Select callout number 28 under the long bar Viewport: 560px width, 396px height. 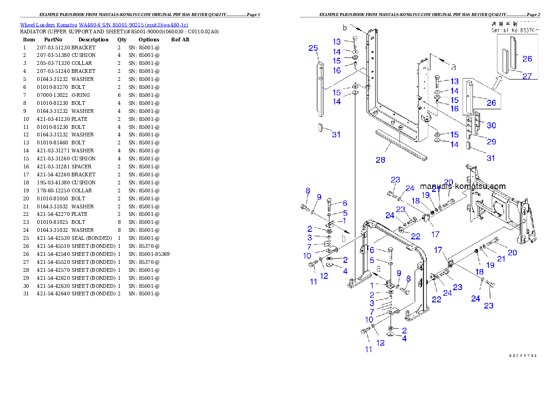click(x=380, y=160)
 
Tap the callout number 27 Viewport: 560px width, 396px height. click(x=528, y=75)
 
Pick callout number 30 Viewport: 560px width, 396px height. click(x=491, y=126)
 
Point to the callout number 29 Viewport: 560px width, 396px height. click(x=491, y=142)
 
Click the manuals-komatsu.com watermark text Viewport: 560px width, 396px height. click(x=463, y=186)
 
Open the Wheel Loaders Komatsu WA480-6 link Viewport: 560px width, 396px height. click(x=104, y=25)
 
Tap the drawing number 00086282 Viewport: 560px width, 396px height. click(x=522, y=356)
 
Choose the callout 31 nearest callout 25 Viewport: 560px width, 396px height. click(x=336, y=135)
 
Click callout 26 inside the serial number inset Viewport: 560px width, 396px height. click(x=528, y=59)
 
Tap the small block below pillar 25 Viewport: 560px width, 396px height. click(x=320, y=127)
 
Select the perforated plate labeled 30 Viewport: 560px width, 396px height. click(x=477, y=123)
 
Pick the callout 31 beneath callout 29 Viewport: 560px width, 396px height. click(x=491, y=158)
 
